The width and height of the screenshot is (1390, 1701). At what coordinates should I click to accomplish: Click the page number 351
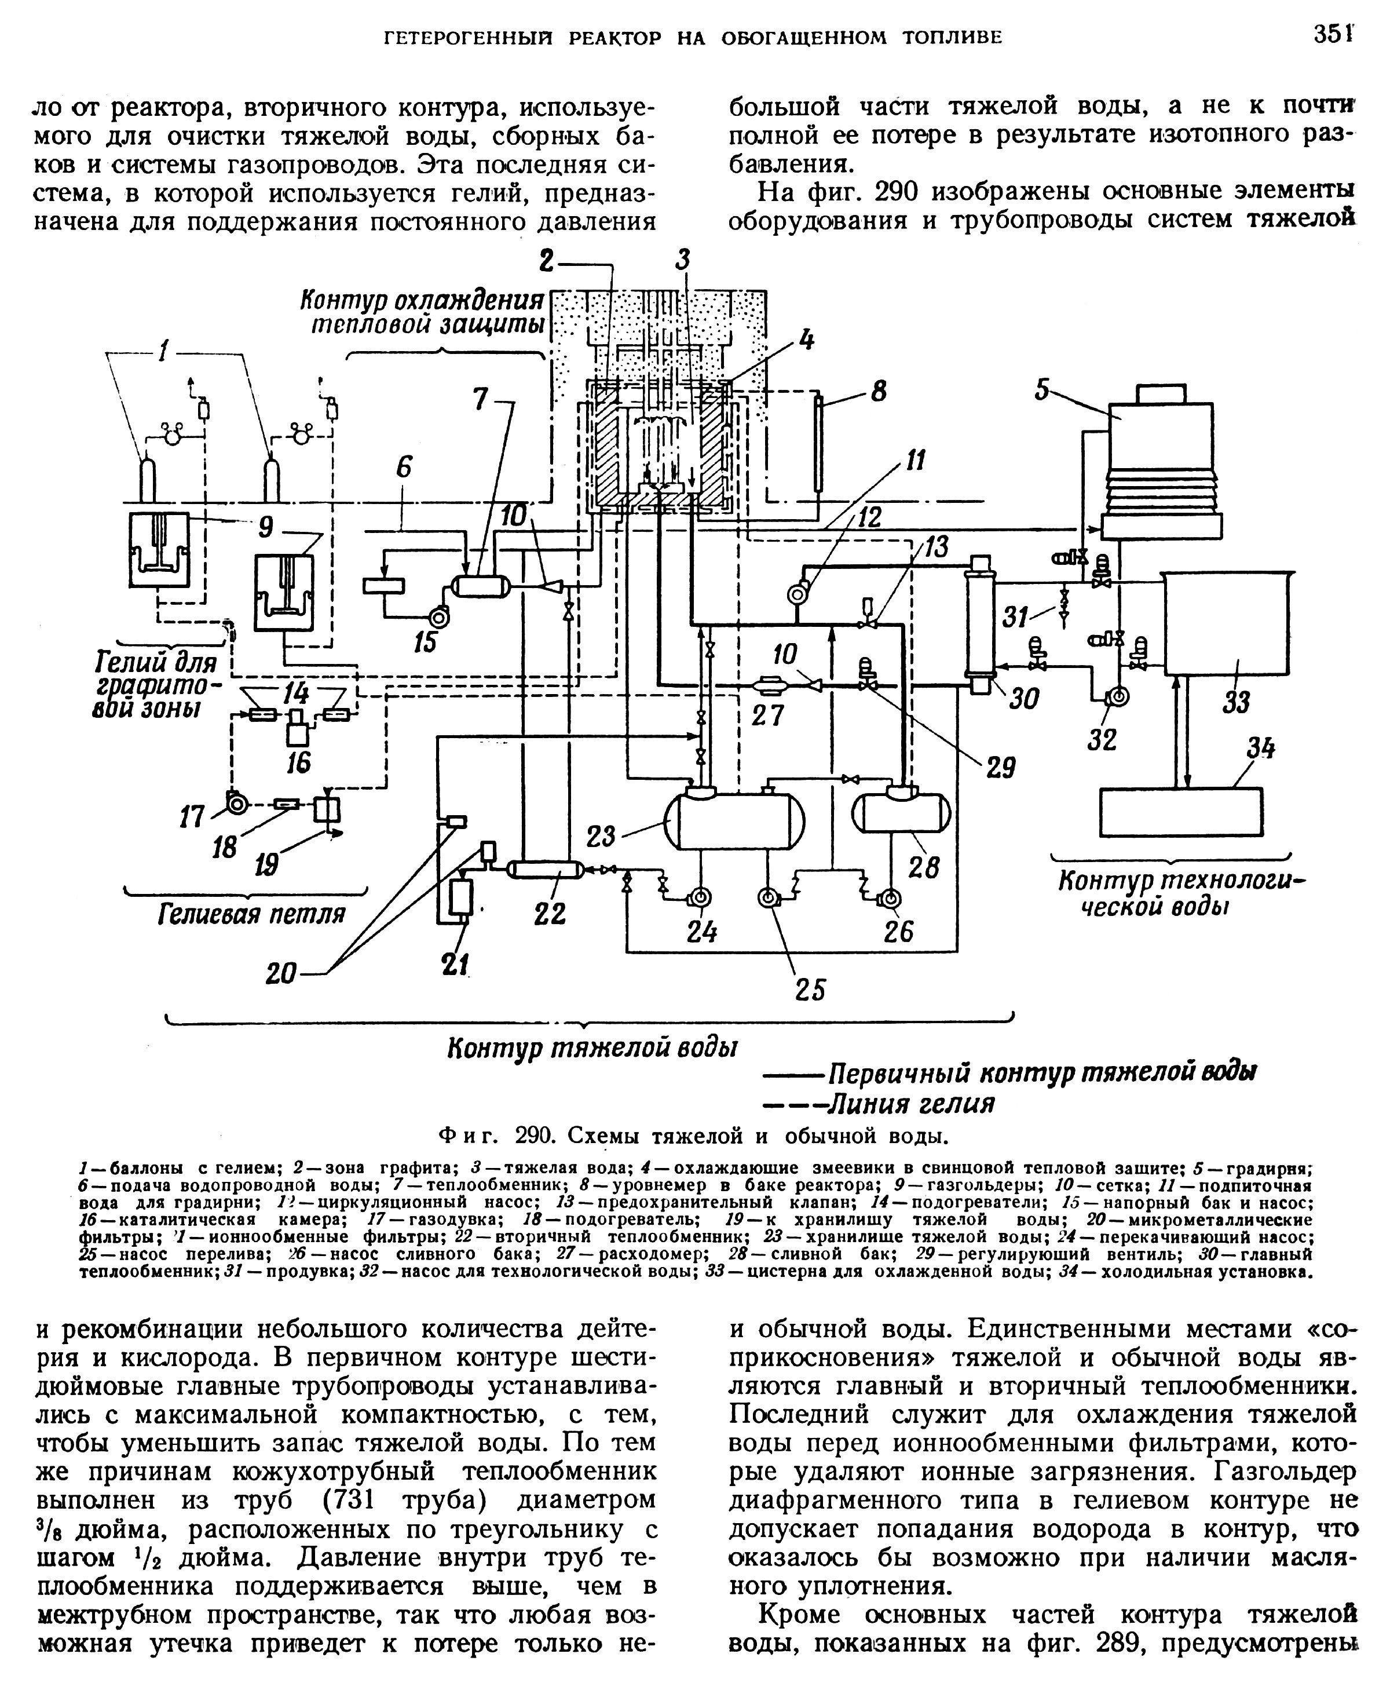pos(1332,35)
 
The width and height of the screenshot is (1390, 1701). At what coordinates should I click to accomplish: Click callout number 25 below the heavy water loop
pos(810,990)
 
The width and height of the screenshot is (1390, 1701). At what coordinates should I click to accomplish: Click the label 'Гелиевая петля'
pos(251,914)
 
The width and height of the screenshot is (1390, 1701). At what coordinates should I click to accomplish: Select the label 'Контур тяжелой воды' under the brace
pos(592,1048)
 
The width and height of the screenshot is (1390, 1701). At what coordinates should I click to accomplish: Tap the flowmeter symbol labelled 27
pos(773,685)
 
